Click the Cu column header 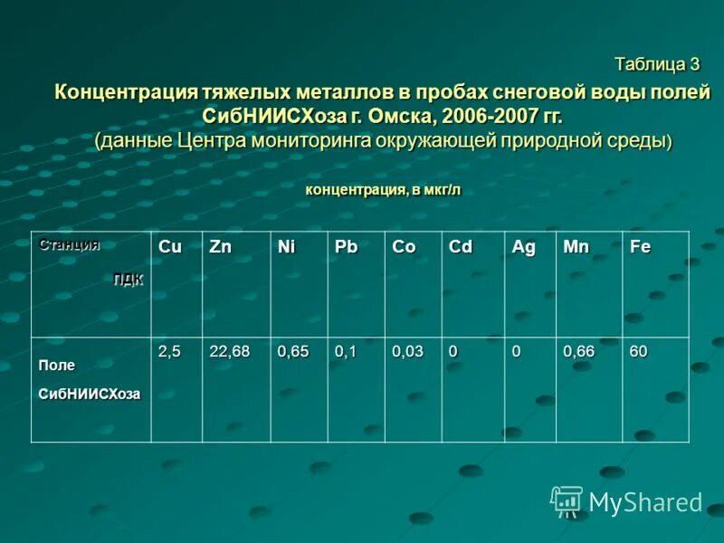[169, 246]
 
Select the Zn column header [220, 246]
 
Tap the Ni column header [286, 246]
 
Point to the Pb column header [346, 246]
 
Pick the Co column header [404, 246]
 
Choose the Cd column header [460, 246]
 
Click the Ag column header [523, 246]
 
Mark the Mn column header [576, 246]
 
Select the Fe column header [640, 246]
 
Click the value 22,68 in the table [229, 351]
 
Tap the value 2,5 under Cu [169, 351]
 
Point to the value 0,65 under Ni [293, 351]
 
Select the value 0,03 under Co [407, 351]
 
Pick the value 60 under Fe [639, 351]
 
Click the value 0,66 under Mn [579, 351]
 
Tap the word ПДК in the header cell [128, 279]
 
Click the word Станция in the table [69, 244]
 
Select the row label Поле [56, 365]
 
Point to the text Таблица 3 [657, 64]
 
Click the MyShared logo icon [567, 500]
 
